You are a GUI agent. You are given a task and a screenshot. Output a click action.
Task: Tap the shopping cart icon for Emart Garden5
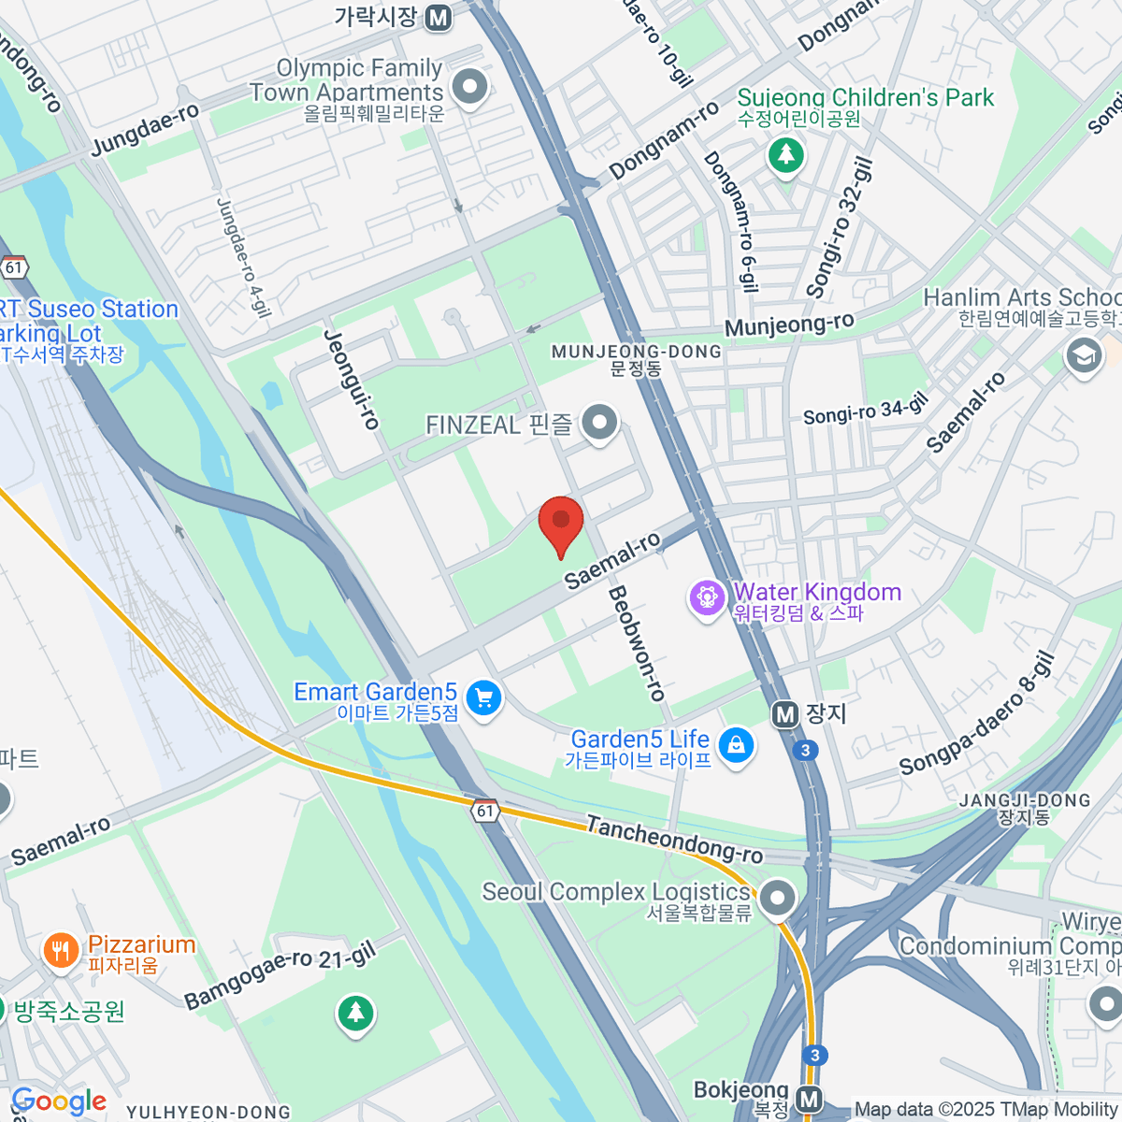pos(484,698)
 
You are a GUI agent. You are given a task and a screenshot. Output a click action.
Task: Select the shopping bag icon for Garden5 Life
pos(737,745)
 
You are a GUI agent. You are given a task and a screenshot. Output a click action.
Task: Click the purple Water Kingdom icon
pos(706,597)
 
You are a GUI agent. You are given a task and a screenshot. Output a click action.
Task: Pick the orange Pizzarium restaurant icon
pos(61,951)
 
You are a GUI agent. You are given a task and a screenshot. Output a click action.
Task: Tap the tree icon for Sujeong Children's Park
pos(785,153)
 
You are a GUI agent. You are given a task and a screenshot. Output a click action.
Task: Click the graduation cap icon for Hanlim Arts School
pos(1084,355)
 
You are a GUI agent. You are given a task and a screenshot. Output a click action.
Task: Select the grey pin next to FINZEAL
pos(599,423)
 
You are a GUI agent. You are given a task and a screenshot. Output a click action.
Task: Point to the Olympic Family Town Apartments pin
pos(469,87)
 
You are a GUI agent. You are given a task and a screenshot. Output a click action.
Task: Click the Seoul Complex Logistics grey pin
pos(777,899)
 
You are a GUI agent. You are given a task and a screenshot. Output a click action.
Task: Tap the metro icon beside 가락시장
pos(438,17)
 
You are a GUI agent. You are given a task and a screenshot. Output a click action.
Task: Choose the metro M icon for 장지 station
pos(785,715)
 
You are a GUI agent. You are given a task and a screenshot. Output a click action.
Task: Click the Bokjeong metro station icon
pos(810,1099)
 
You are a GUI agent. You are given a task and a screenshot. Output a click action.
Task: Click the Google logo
pos(59,1102)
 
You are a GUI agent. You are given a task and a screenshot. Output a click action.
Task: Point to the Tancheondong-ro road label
pos(674,840)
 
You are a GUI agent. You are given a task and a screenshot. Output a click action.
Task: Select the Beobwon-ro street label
pos(637,644)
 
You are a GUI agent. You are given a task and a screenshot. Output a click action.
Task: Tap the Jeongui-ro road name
pos(352,380)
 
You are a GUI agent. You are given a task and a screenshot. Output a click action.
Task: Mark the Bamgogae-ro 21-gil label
pos(280,975)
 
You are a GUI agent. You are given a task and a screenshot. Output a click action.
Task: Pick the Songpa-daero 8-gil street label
pos(977,715)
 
